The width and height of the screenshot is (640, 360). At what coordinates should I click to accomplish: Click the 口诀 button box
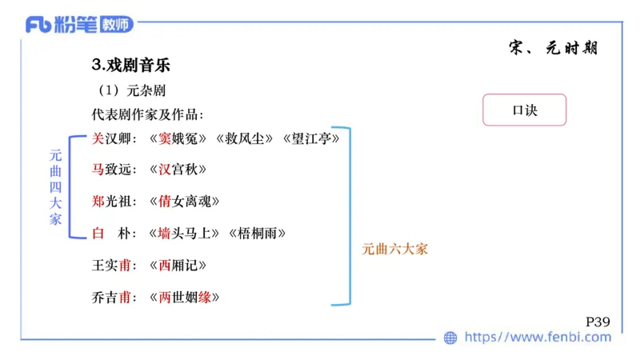pyautogui.click(x=524, y=110)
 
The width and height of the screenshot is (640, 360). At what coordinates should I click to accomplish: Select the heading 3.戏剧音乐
pyautogui.click(x=131, y=65)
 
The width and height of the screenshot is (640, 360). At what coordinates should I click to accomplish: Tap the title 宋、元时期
pyautogui.click(x=553, y=48)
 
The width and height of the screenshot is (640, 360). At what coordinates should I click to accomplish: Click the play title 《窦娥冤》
pyautogui.click(x=179, y=138)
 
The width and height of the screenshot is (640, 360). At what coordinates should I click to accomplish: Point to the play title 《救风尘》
pyautogui.click(x=246, y=138)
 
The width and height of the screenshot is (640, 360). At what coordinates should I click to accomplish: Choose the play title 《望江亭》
pyautogui.click(x=312, y=138)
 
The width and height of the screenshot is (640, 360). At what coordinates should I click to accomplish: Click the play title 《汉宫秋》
pyautogui.click(x=179, y=170)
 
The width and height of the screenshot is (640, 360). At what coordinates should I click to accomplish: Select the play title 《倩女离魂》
pyautogui.click(x=186, y=202)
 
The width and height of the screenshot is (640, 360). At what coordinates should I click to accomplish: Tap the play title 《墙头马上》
pyautogui.click(x=186, y=234)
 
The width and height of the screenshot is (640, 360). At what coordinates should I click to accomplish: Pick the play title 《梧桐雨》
pyautogui.click(x=258, y=234)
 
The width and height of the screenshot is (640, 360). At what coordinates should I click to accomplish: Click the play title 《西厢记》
pyautogui.click(x=179, y=266)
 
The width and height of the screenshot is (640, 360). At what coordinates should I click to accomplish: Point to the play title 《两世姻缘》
pyautogui.click(x=186, y=298)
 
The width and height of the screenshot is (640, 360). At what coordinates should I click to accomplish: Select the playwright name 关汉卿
pyautogui.click(x=111, y=138)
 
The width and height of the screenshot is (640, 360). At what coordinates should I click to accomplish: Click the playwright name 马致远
pyautogui.click(x=111, y=170)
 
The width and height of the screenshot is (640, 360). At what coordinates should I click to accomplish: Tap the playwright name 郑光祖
pyautogui.click(x=111, y=202)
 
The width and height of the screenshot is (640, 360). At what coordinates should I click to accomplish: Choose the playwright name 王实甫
pyautogui.click(x=111, y=266)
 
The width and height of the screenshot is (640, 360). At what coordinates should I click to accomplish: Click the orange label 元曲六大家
pyautogui.click(x=395, y=249)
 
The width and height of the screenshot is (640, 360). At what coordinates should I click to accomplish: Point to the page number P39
pyautogui.click(x=598, y=322)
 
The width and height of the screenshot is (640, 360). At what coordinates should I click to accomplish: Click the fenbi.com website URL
pyautogui.click(x=538, y=338)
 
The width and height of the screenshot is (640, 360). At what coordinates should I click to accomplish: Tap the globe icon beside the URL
pyautogui.click(x=450, y=338)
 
